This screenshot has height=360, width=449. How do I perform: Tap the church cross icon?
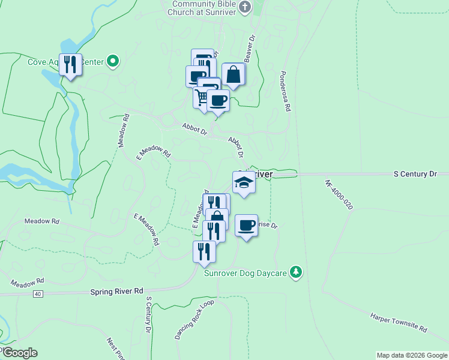[x=244, y=7]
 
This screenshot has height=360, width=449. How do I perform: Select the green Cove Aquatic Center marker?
[x=112, y=61]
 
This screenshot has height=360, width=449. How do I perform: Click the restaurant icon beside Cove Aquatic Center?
[x=70, y=64]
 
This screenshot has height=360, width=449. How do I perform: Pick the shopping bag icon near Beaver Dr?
[x=233, y=75]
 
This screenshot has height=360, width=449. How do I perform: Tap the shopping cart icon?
[x=202, y=96]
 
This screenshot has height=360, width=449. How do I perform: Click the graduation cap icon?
[x=244, y=182]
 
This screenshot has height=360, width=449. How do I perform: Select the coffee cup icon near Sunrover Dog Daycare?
[x=246, y=226]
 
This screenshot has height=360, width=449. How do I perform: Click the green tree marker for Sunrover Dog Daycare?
[x=295, y=272]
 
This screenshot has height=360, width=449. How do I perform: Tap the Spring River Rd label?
[x=117, y=291]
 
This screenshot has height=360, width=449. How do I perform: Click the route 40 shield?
[x=38, y=293]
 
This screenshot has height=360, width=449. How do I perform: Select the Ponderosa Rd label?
[x=284, y=91]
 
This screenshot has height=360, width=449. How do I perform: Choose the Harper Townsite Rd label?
[x=398, y=322]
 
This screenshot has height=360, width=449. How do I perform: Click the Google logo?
[x=19, y=353]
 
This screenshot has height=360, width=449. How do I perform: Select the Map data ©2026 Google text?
[x=411, y=355]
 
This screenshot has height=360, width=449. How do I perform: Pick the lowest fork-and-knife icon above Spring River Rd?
[x=204, y=252]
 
